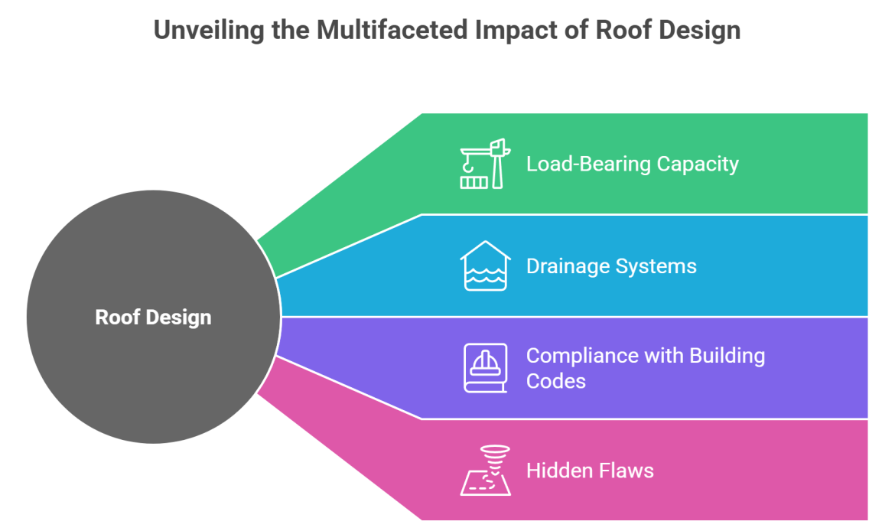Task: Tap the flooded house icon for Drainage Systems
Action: point(485,266)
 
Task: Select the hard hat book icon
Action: point(485,368)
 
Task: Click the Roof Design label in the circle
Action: point(153,317)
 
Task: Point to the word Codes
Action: point(556,380)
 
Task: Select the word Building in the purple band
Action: point(727,356)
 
